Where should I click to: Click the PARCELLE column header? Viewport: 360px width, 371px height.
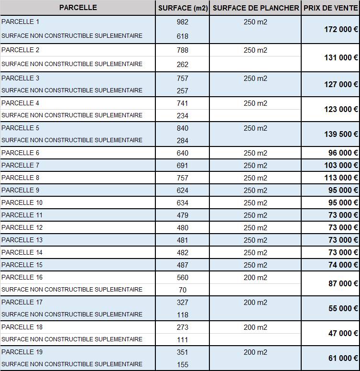[78, 8]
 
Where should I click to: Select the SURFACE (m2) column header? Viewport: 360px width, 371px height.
[183, 8]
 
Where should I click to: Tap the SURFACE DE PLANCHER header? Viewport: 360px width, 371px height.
[255, 8]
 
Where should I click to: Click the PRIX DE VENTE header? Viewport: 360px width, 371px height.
[330, 8]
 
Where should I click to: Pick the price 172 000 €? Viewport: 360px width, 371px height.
[341, 29]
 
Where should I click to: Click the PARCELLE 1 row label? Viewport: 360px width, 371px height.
[21, 22]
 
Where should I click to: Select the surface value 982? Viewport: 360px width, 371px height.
[182, 22]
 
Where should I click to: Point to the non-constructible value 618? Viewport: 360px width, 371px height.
[182, 36]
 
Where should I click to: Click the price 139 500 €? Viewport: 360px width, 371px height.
[341, 134]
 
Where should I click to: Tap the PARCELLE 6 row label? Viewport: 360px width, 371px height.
[21, 153]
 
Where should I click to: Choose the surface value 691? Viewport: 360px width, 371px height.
[182, 166]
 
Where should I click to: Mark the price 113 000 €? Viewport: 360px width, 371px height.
[341, 178]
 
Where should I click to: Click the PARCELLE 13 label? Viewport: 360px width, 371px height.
[22, 240]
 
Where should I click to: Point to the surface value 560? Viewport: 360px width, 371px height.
[182, 278]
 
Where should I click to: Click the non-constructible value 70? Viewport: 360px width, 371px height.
[182, 290]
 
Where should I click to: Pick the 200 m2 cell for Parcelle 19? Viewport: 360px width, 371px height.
[255, 352]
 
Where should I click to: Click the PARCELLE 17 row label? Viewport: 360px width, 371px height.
[22, 302]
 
